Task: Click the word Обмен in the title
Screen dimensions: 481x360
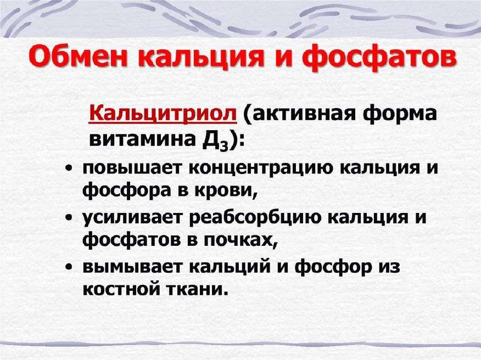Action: (x=77, y=57)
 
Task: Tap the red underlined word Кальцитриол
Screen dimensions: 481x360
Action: (x=163, y=114)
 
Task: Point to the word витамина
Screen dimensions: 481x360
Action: (x=142, y=139)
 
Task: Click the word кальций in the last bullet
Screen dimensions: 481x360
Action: (x=230, y=266)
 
